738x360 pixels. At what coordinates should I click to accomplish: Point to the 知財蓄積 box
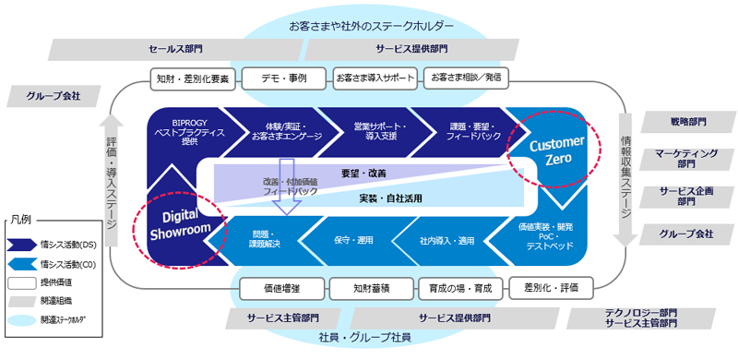[367, 288]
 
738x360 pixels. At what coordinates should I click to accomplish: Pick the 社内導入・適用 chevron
[440, 241]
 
